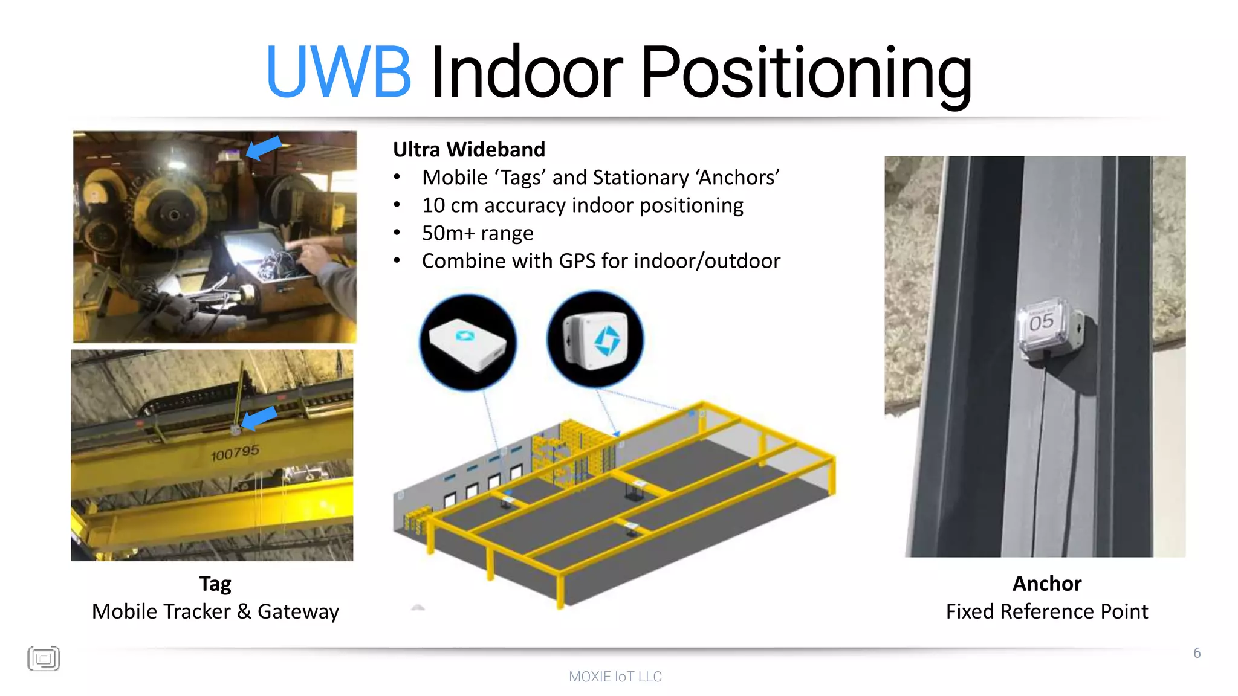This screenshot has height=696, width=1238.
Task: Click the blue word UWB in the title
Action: (339, 72)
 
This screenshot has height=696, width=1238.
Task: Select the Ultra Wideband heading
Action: (469, 149)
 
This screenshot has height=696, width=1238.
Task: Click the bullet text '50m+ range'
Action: (478, 233)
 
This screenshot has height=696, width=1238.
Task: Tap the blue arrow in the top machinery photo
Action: (264, 147)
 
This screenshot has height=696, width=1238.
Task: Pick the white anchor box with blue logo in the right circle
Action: (595, 340)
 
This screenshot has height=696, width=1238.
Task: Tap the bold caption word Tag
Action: (215, 584)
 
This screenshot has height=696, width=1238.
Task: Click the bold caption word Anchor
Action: (1047, 584)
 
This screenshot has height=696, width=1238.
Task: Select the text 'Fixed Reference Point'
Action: (1047, 611)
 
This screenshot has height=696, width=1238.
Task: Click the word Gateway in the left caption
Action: (298, 611)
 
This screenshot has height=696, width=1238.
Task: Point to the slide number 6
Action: (1197, 653)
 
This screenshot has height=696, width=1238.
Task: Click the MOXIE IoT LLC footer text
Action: (615, 677)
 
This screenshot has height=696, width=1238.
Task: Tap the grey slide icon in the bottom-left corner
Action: (44, 659)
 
